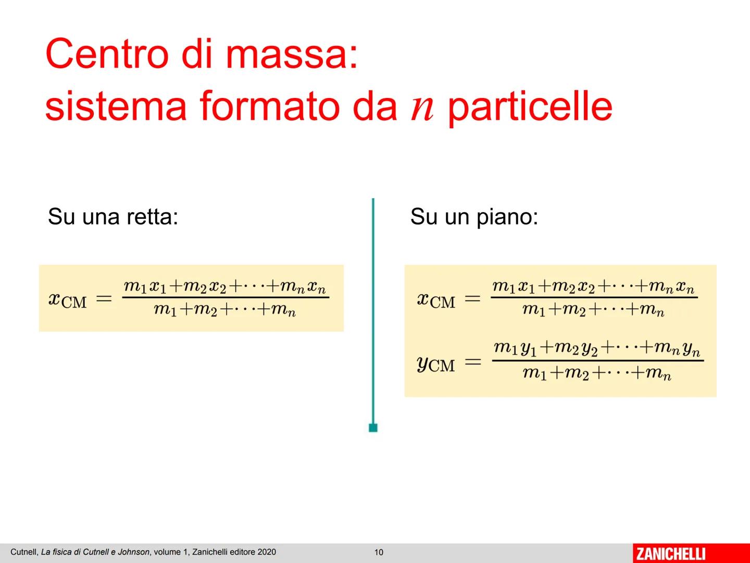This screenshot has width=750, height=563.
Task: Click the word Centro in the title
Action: (x=107, y=54)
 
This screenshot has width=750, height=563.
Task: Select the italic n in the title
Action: (x=422, y=107)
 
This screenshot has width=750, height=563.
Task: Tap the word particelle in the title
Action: (x=530, y=107)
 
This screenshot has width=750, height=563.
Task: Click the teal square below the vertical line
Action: (x=373, y=428)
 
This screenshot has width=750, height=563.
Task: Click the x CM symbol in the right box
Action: (x=436, y=300)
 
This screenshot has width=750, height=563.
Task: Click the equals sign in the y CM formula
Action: (x=472, y=362)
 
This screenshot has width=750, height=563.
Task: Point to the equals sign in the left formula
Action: (x=104, y=299)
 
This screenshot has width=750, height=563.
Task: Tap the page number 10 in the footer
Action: (x=379, y=552)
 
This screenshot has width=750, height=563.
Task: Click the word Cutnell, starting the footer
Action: (x=24, y=552)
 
